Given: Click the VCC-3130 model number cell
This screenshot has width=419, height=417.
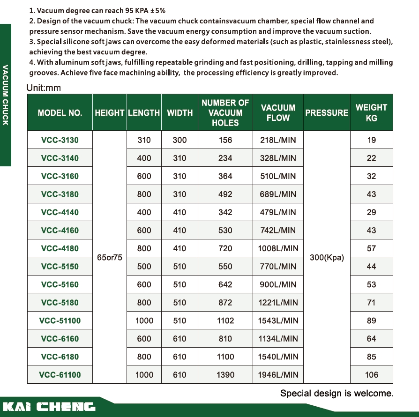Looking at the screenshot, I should point(60,140).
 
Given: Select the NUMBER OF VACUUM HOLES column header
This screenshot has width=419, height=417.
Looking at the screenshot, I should point(225,112).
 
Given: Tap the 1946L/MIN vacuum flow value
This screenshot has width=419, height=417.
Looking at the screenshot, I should point(278,375).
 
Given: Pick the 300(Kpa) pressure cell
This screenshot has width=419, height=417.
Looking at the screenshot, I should point(327,258).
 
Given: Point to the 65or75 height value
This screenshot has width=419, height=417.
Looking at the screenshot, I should point(110,258).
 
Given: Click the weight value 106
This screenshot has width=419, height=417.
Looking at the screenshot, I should point(371,375).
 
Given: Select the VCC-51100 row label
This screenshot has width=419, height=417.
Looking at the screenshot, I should point(60,321).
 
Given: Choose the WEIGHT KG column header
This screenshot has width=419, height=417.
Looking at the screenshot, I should point(371,112).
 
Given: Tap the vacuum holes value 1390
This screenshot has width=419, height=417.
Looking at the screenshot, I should point(225,375).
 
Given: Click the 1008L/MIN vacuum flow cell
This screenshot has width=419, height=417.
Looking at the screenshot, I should point(278,249).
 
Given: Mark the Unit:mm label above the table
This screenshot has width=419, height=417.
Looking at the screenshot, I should point(44,88).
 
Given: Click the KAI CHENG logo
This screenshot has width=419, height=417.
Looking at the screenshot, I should point(49,406).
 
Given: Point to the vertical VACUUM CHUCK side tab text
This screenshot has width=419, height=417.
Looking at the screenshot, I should point(5,94).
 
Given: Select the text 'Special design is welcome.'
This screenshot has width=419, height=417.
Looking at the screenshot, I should point(337,394).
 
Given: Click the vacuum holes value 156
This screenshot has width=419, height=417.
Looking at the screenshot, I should point(225,140).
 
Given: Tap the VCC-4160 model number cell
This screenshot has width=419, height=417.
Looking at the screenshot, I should point(60,231).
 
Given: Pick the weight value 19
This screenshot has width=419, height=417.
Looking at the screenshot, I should point(371,140).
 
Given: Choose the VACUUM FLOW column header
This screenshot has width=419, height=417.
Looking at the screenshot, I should point(278,112).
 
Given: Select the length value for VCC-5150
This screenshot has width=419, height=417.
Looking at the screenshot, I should point(144,267).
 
